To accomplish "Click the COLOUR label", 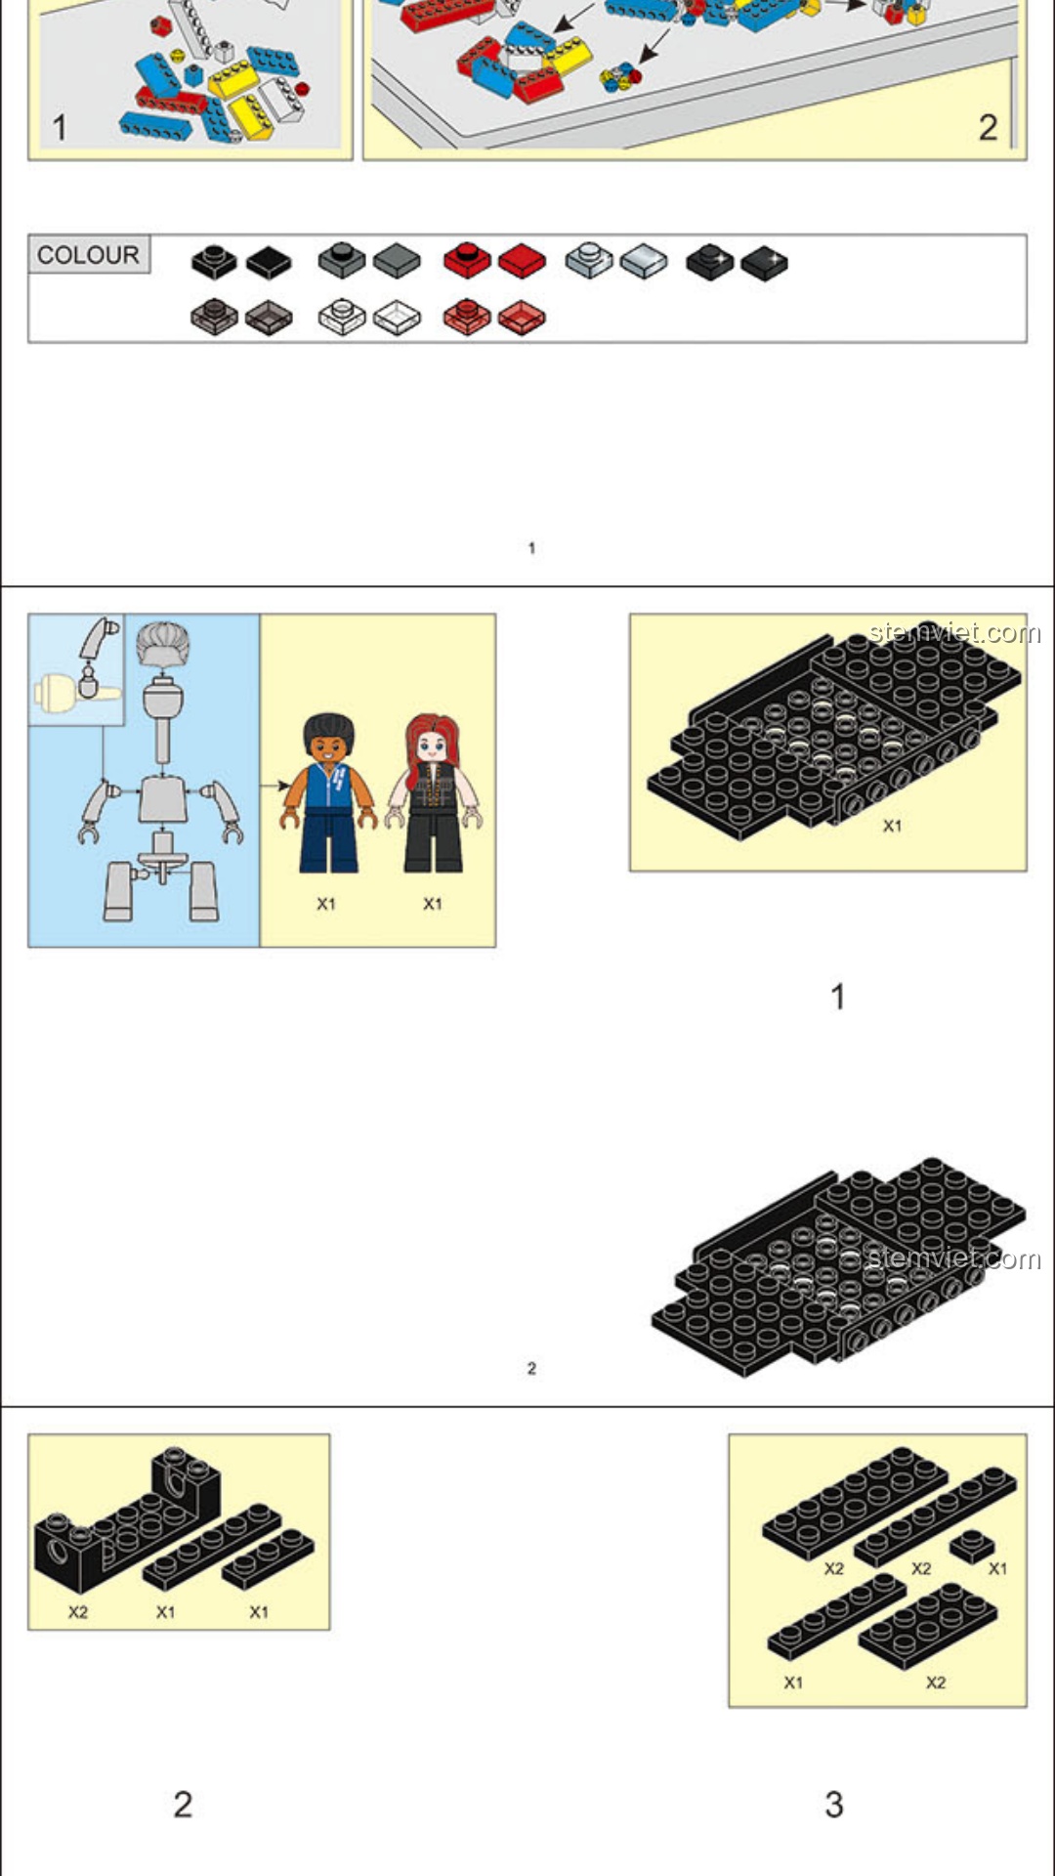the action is (88, 255).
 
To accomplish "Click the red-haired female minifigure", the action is (433, 792).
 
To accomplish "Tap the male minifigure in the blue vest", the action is (328, 792).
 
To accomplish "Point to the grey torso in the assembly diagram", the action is (162, 798).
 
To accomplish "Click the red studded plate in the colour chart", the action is (467, 261).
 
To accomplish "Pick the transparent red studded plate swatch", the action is (467, 317).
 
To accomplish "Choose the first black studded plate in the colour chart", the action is (214, 261).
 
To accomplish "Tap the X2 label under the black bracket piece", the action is (78, 1612).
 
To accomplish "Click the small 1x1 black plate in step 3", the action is (973, 1546).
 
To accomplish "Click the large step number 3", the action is (834, 1804).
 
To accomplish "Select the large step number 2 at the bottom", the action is (183, 1804).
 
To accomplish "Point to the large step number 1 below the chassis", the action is (837, 997).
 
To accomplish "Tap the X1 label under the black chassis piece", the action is (892, 826).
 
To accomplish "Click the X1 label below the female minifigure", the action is (433, 904).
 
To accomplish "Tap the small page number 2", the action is (531, 1368).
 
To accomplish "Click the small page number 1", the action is (531, 548).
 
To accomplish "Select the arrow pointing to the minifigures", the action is (275, 785).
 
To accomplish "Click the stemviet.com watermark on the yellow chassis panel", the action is (954, 632).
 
